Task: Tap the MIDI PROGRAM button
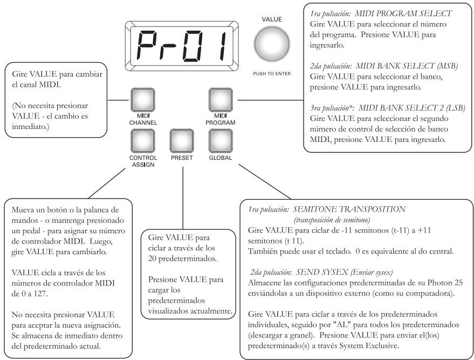(x=221, y=100)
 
